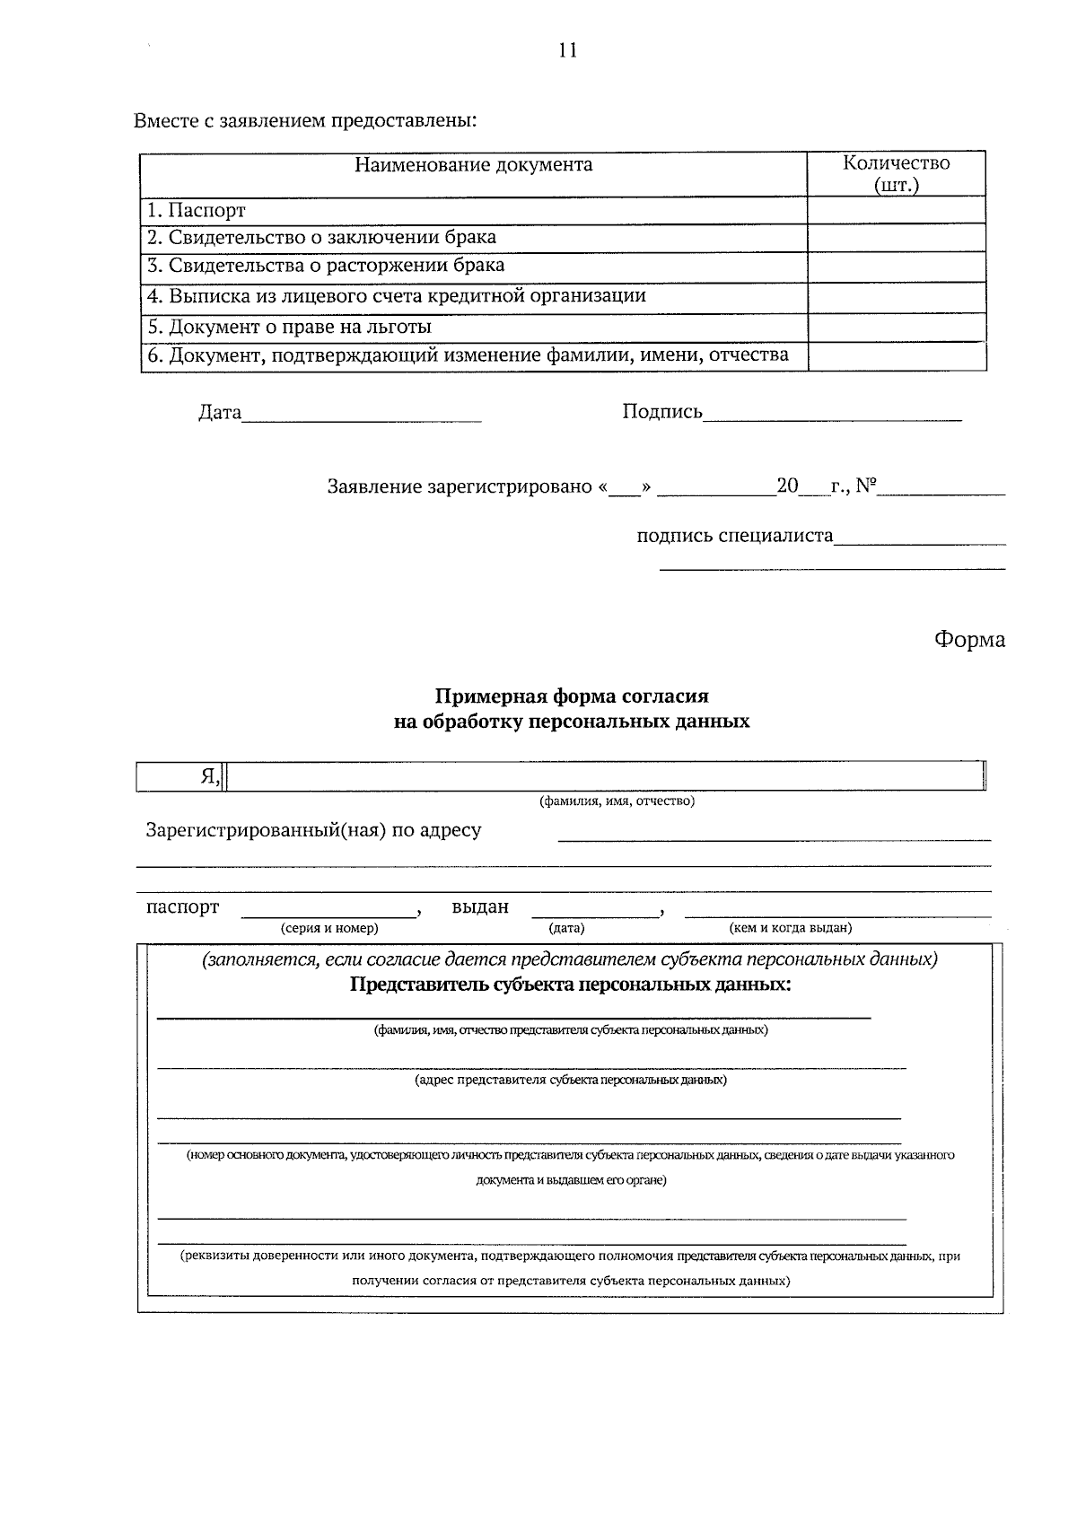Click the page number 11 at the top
coord(567,50)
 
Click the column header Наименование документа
coord(473,165)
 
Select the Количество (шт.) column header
coord(896,174)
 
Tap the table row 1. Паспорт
coord(197,211)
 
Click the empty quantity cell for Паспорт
coord(896,211)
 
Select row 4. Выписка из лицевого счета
coord(396,296)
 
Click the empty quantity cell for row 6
coord(896,355)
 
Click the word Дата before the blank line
coord(220,413)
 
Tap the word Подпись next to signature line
coord(662,412)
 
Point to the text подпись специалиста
coord(734,536)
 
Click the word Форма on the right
coord(968,640)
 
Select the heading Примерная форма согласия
coord(572,696)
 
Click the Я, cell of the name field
coord(210,777)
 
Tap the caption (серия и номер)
coord(328,928)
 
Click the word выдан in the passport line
coord(479,906)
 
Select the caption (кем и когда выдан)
coord(790,928)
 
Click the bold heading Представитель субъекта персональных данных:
coord(571,985)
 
